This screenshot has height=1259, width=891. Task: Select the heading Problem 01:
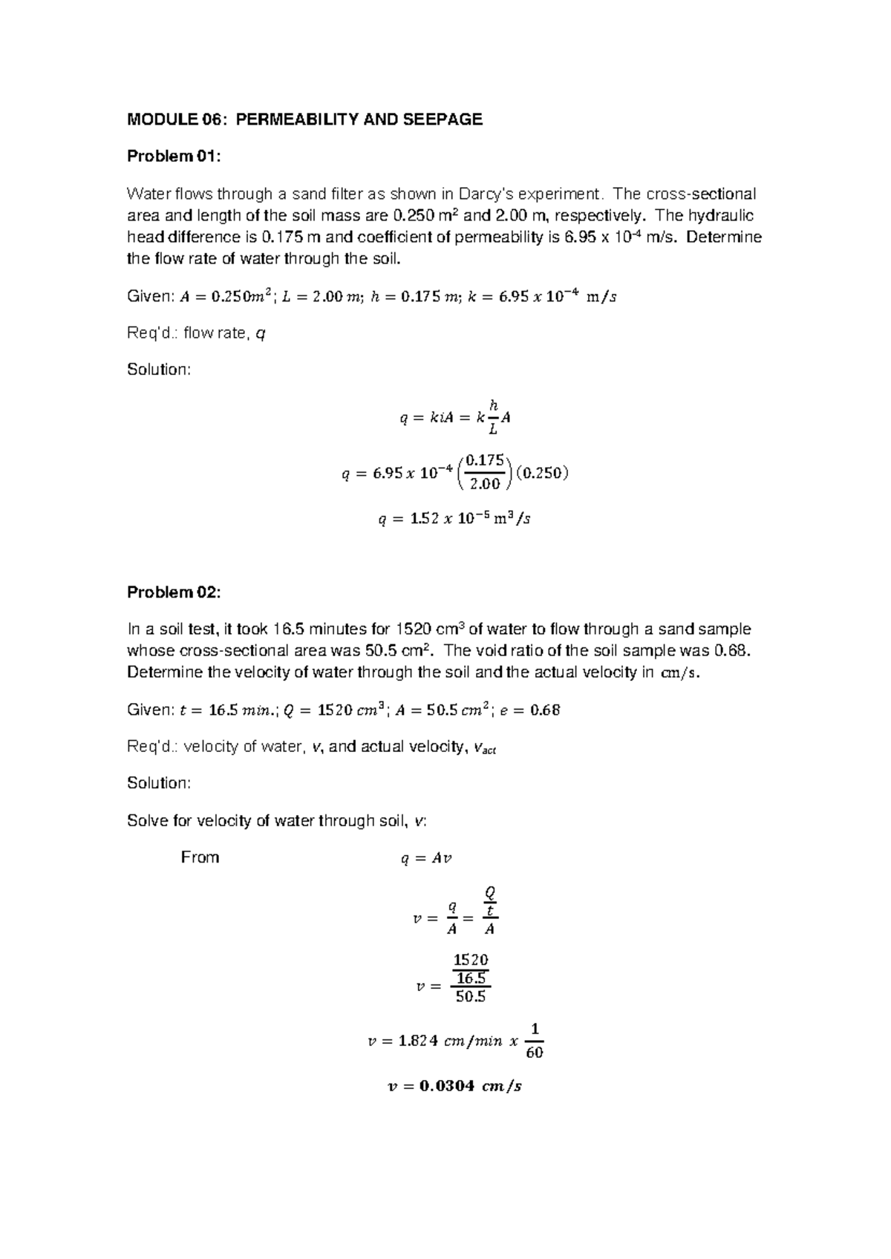coord(174,156)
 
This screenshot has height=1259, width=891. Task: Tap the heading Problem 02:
coord(174,592)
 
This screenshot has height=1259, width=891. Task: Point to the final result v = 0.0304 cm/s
coord(454,1086)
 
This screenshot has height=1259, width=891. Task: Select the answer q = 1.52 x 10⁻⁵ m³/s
coord(454,520)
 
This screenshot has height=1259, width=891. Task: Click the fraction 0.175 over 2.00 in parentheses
coord(486,472)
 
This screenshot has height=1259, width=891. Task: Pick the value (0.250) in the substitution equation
coord(541,473)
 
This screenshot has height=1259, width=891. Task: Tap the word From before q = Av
coord(200,857)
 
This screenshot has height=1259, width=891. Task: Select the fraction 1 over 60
coord(534,1041)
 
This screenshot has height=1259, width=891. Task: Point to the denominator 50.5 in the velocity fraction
coord(471,997)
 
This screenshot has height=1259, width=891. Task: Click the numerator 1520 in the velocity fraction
coord(471,960)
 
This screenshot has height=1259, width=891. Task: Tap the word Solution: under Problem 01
coord(159,370)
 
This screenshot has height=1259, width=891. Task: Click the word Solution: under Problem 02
coord(159,783)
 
